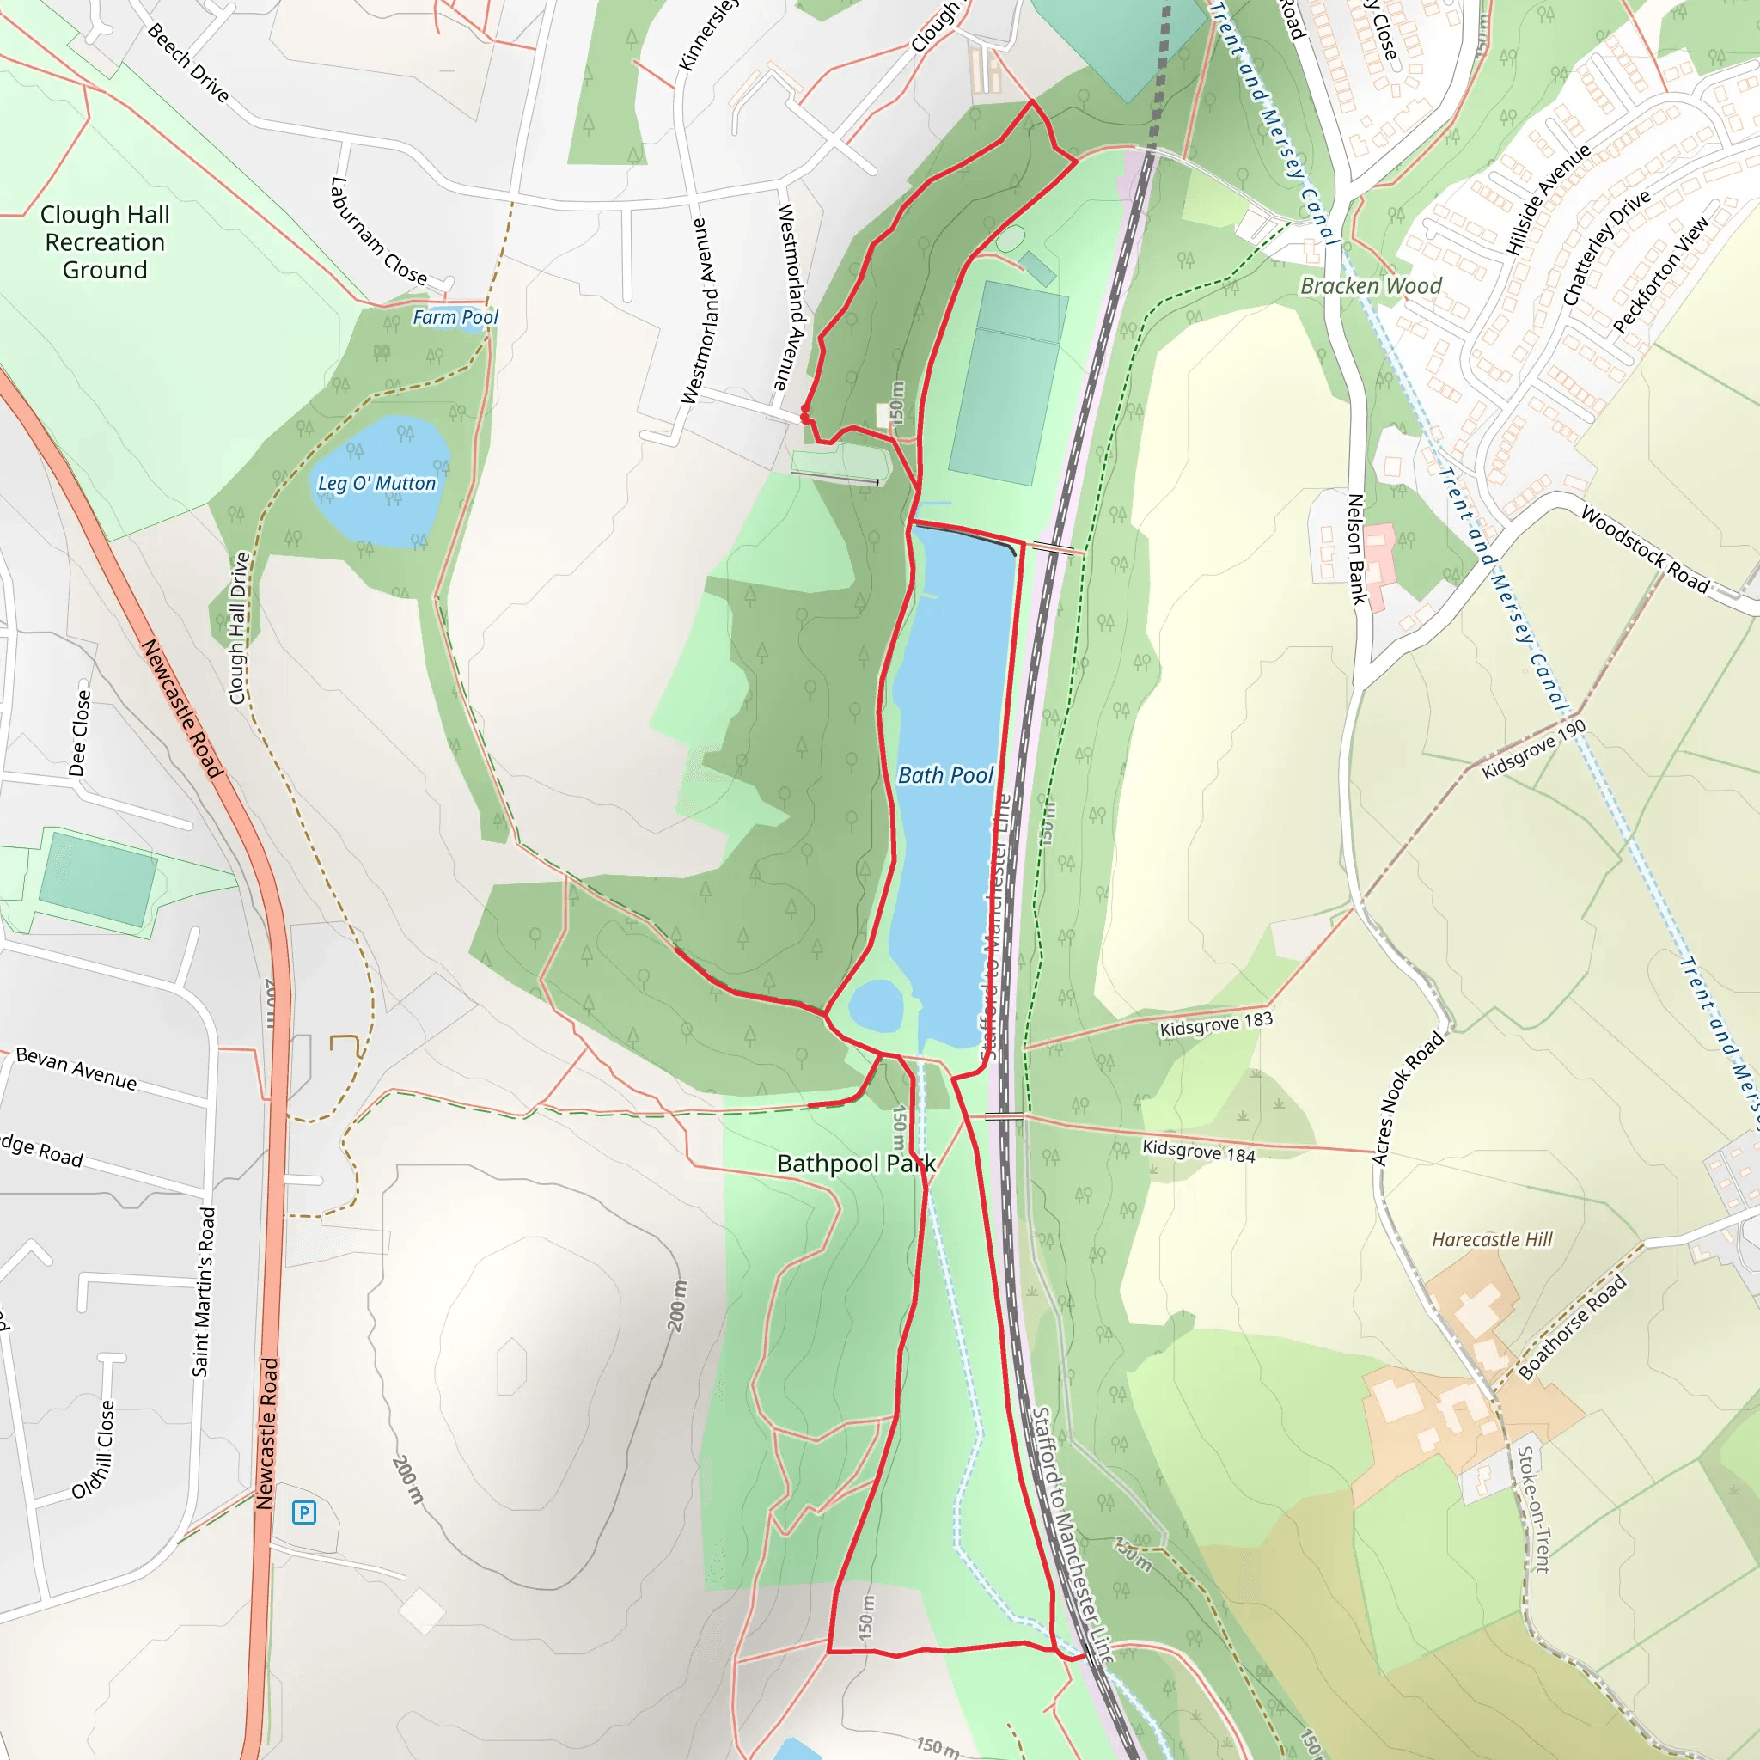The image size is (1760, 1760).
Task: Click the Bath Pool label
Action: click(944, 775)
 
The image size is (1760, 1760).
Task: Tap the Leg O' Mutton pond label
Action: click(376, 484)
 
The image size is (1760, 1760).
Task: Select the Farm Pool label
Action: click(455, 317)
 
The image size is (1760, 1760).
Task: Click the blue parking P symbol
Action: click(303, 1513)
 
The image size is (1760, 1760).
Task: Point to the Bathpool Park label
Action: click(855, 1164)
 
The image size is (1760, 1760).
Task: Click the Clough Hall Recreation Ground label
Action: click(105, 242)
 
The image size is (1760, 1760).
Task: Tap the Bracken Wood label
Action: click(1370, 286)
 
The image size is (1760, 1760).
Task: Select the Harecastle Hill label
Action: click(1491, 1239)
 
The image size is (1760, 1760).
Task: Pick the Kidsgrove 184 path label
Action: click(1198, 1152)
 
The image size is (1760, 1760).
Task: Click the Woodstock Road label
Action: click(1643, 549)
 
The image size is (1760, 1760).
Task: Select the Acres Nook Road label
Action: click(1408, 1097)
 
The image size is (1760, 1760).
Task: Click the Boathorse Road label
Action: click(1572, 1329)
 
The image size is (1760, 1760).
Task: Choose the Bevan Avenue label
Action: click(76, 1068)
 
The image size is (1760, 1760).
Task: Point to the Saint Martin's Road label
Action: click(203, 1292)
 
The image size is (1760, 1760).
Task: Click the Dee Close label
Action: click(80, 732)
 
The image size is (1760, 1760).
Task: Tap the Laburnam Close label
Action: click(377, 231)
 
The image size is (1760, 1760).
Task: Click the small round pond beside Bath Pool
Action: click(876, 1005)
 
